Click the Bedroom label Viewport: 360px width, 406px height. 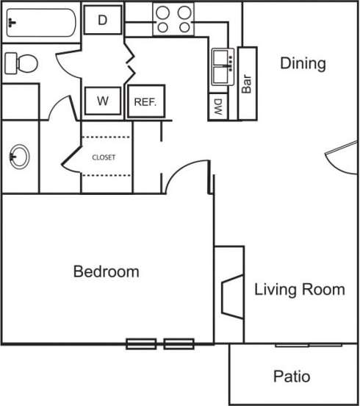point(106,271)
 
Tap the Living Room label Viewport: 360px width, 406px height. point(299,289)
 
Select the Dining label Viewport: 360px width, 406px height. point(303,63)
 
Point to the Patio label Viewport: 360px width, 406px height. point(292,377)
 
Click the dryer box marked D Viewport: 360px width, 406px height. point(103,21)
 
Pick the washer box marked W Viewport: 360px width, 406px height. point(103,101)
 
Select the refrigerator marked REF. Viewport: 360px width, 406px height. point(145,102)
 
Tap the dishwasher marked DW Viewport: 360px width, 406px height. point(218,107)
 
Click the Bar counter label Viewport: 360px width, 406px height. point(247,83)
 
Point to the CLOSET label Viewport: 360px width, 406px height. point(104,157)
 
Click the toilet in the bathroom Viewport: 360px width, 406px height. point(21,63)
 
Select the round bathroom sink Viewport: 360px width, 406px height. point(20,156)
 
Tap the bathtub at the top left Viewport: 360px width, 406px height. point(40,24)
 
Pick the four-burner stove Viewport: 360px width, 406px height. point(173,18)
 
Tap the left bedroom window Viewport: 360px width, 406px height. point(140,343)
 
